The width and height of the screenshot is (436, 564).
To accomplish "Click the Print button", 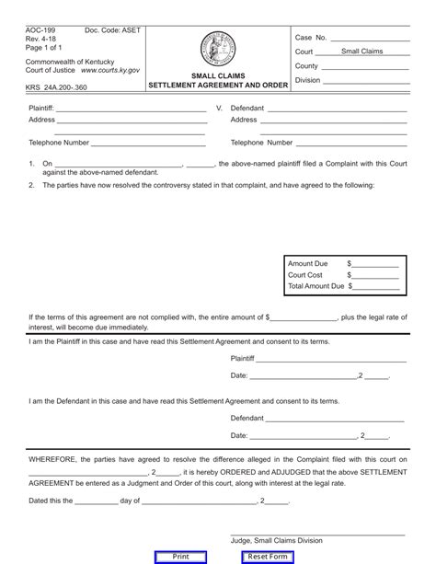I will click(181, 557).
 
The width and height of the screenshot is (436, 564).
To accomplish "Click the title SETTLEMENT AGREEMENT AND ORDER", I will click(218, 85).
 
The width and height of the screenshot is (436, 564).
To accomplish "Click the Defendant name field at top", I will click(350, 109).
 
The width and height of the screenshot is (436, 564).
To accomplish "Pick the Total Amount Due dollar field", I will click(376, 286).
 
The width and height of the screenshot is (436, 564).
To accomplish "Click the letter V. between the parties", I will click(219, 109).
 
